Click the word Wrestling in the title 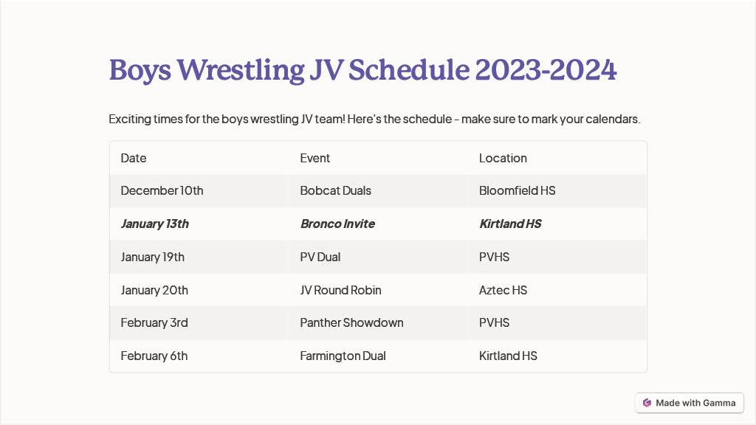(241, 70)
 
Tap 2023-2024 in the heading (546, 70)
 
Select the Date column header (134, 158)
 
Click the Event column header (315, 158)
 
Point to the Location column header (503, 158)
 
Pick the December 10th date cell (162, 191)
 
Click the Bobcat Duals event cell (336, 191)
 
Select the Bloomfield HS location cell (518, 191)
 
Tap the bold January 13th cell (155, 224)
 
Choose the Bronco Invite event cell (337, 224)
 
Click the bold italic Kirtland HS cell (510, 224)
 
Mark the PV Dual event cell (320, 258)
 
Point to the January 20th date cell (154, 290)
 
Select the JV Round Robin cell (340, 290)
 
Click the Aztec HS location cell (503, 290)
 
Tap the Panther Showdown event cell (351, 323)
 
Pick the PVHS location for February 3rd (494, 323)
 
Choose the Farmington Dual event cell (343, 356)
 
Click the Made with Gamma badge (690, 403)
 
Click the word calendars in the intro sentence (613, 119)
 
